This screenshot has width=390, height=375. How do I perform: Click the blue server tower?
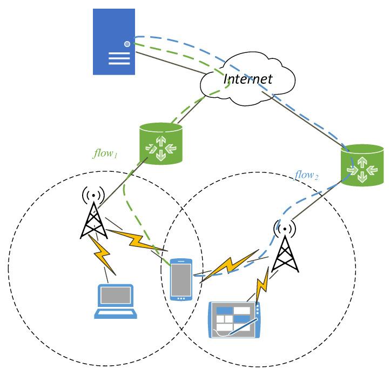[114, 42]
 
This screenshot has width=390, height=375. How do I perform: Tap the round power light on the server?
[127, 44]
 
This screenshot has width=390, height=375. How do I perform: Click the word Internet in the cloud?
[248, 79]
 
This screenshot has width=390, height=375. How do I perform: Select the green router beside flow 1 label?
[161, 144]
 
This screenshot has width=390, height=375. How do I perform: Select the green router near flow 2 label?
[362, 165]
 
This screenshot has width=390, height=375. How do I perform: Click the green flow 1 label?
[105, 153]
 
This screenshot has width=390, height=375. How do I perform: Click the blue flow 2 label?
[306, 175]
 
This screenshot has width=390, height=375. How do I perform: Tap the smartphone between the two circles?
[181, 279]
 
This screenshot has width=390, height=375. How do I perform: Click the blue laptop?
[116, 302]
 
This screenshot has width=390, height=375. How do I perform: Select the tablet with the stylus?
[234, 320]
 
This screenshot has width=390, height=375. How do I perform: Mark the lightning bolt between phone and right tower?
[230, 266]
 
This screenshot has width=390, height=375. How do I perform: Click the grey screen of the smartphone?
[181, 279]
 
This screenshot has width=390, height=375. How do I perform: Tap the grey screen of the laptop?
[116, 296]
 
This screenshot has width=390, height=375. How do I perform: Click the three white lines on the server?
[119, 58]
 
